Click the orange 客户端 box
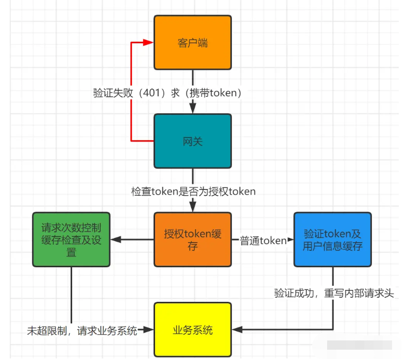(x=193, y=43)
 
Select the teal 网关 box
(x=193, y=141)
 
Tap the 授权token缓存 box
(x=193, y=239)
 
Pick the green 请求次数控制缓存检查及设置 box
(x=71, y=239)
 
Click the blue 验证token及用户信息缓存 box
(x=332, y=239)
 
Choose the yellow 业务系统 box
(x=193, y=330)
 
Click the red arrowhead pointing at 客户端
(x=148, y=42)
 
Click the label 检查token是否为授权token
(x=193, y=192)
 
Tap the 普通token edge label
(x=263, y=241)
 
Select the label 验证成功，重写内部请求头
(x=334, y=293)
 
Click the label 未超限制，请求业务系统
(x=82, y=331)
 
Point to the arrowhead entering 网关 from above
(x=193, y=108)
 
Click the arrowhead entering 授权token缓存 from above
(x=193, y=207)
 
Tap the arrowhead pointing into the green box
(x=116, y=239)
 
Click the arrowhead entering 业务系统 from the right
(x=237, y=330)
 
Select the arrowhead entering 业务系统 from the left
(x=148, y=330)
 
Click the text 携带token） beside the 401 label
(x=216, y=93)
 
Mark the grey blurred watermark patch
(x=359, y=345)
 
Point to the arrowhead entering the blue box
(x=291, y=239)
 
